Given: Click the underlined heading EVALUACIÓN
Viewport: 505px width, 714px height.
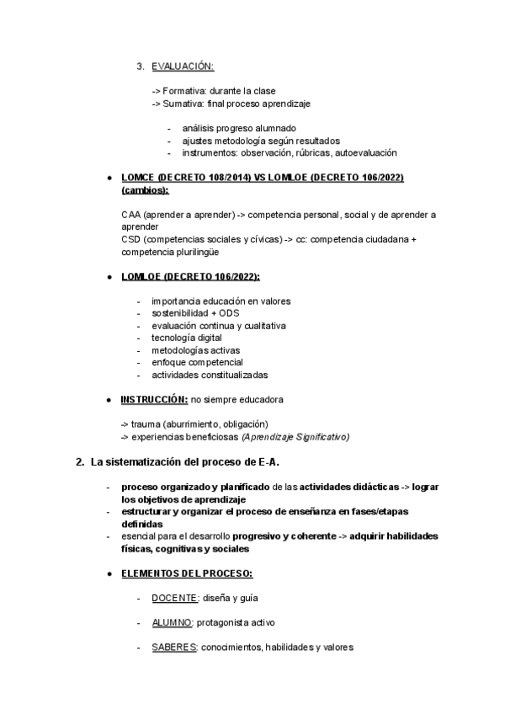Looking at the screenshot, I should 183,67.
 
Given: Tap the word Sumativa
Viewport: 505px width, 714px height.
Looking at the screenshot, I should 182,103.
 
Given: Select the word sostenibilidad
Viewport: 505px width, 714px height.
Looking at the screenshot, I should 179,313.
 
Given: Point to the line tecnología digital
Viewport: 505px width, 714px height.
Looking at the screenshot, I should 187,338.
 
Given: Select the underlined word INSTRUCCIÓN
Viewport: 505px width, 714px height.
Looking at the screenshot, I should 154,399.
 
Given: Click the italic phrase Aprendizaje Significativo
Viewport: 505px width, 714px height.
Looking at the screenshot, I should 295,436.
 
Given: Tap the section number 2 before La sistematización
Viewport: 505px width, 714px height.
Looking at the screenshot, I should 79,461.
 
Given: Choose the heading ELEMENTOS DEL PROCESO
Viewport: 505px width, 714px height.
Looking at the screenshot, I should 186,573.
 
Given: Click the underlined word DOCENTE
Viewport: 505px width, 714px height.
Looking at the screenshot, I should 174,598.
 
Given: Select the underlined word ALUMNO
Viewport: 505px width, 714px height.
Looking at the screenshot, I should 172,623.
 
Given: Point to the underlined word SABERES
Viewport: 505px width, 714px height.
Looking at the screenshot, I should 174,647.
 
